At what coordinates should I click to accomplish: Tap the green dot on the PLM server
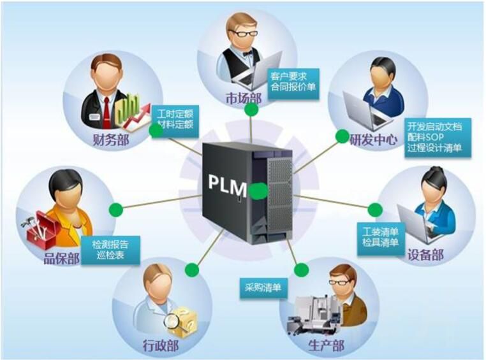tap(258, 190)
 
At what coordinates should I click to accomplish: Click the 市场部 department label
tap(243, 98)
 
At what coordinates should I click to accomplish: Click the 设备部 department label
tap(425, 256)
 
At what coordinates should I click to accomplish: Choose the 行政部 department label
tap(160, 346)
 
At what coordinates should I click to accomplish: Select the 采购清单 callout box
tap(263, 287)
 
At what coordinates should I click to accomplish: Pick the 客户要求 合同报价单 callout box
tap(293, 80)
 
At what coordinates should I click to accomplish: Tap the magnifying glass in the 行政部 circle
tap(172, 322)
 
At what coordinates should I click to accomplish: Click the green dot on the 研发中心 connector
tap(342, 136)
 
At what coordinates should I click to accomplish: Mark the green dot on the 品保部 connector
tap(115, 210)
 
